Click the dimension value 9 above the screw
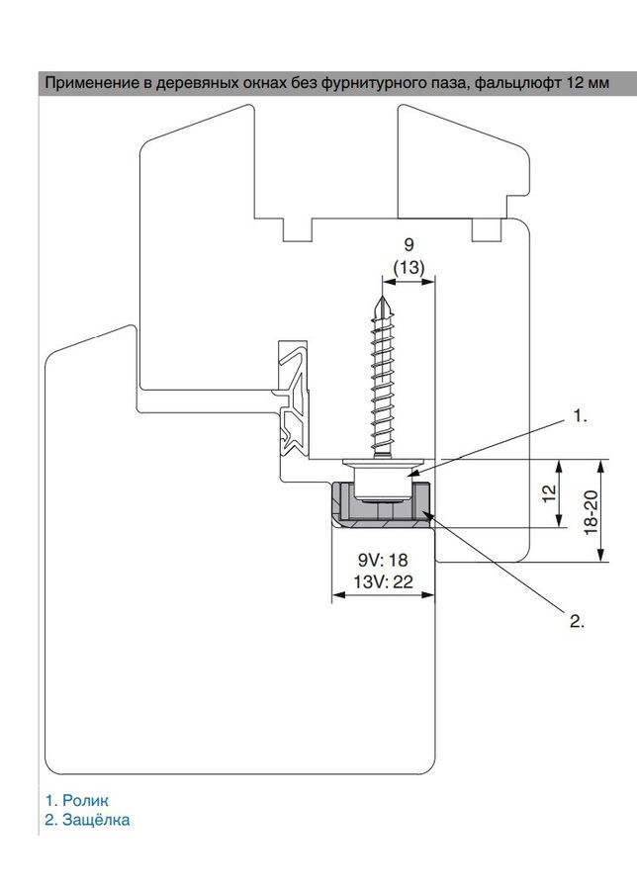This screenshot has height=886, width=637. (409, 244)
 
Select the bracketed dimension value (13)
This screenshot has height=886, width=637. (409, 267)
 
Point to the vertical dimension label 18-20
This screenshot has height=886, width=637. (591, 512)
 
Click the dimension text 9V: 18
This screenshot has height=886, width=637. (383, 560)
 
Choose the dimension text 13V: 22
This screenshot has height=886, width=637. (383, 581)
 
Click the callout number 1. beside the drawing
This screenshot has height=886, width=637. (581, 416)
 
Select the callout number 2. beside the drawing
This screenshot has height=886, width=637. (577, 622)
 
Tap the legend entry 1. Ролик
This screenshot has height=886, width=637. (77, 800)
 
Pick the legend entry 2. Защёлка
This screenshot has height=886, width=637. (87, 820)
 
